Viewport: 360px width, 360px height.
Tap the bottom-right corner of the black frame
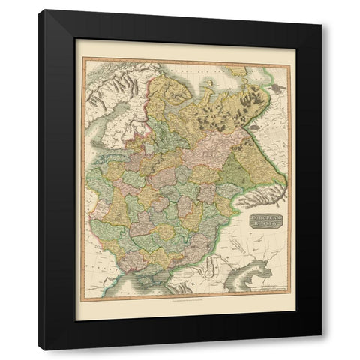tap(321, 349)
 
